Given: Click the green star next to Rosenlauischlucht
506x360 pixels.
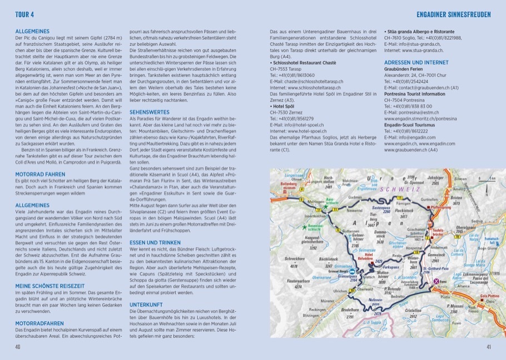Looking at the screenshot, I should [x=304, y=227].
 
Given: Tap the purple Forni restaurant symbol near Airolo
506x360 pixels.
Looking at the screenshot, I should [x=436, y=282].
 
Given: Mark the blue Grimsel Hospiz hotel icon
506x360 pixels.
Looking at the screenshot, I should [x=352, y=272].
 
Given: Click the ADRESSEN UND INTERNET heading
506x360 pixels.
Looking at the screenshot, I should [x=417, y=63].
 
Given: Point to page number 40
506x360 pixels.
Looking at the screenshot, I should [x=18, y=347].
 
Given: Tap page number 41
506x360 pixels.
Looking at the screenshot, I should [x=488, y=347].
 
